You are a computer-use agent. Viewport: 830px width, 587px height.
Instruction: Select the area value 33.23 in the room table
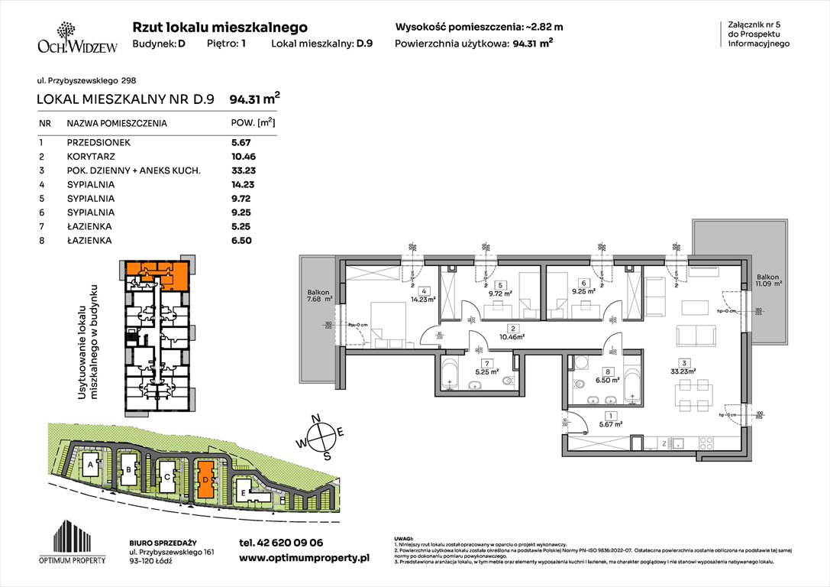click(241, 170)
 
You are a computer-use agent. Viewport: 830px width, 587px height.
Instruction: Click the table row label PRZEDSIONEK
click(99, 142)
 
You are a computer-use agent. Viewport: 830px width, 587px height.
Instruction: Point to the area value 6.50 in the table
click(241, 241)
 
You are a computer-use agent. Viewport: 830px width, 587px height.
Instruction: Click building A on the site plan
click(91, 465)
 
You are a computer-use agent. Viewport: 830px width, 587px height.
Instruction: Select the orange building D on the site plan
click(205, 478)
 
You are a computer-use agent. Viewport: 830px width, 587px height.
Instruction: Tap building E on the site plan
click(243, 493)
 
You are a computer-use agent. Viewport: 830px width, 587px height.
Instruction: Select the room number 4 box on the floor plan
click(423, 290)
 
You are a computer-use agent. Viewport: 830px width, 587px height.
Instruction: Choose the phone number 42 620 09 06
click(281, 543)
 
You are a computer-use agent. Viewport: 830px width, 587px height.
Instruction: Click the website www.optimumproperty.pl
click(304, 559)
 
